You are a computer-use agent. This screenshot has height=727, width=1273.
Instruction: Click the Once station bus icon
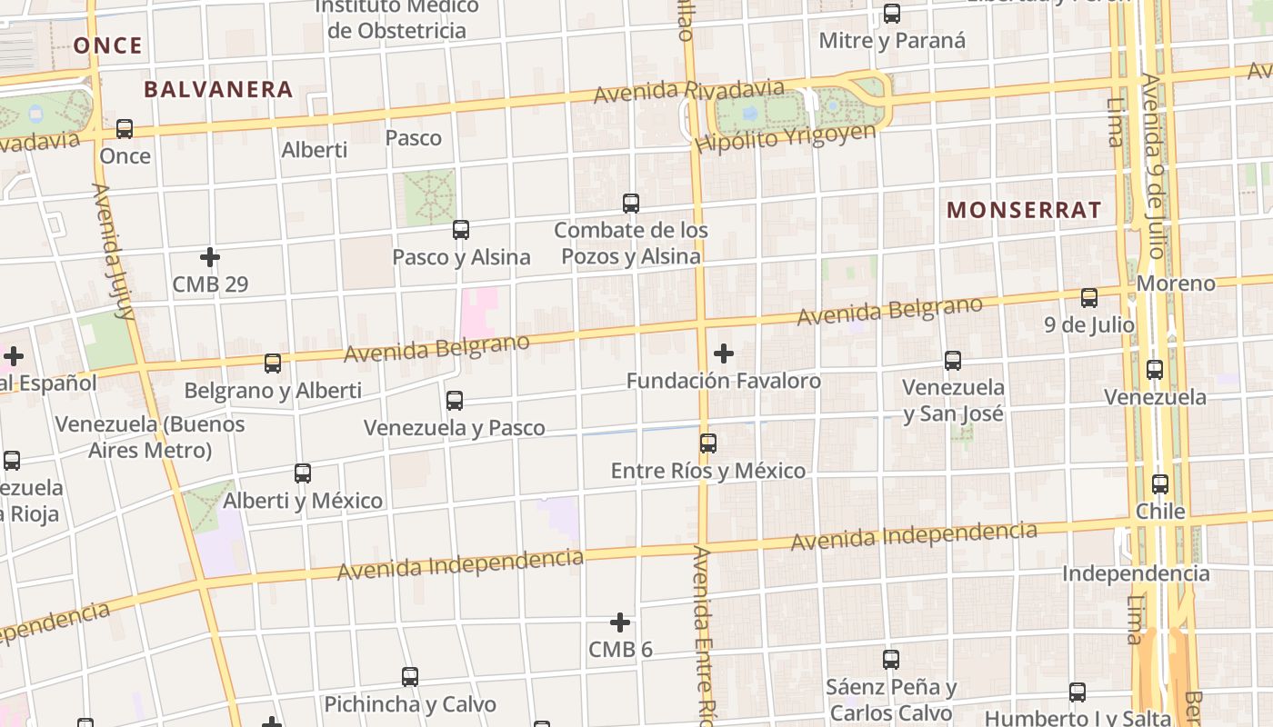point(125,129)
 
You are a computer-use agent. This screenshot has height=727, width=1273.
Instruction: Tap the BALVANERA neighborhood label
point(218,89)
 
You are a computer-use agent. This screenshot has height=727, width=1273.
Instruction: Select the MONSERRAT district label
point(1024,210)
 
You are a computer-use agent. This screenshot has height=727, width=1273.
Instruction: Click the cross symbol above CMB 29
point(210,257)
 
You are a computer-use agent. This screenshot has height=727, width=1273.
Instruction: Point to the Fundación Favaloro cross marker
point(724,353)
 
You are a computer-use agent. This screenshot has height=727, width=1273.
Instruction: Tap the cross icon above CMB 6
point(620,622)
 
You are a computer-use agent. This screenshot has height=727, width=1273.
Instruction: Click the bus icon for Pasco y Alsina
point(461,230)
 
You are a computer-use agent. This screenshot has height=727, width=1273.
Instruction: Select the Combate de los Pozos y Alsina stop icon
point(631,203)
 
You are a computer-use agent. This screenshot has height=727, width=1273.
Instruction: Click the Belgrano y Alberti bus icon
point(273,363)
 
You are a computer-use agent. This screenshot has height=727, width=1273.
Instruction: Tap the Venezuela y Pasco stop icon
point(455,400)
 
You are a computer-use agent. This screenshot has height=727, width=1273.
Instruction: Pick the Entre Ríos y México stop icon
point(708,443)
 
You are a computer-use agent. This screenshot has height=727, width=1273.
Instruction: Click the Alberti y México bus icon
point(303,473)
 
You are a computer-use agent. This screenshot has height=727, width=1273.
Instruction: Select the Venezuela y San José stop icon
point(953,361)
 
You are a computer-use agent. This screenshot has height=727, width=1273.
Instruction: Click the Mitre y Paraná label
point(892,41)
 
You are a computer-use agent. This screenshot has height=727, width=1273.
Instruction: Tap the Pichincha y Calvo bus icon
point(410,677)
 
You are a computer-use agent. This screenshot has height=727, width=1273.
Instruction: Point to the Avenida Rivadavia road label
point(688,91)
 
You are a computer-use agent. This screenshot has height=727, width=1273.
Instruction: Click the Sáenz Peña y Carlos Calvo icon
point(891,660)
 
